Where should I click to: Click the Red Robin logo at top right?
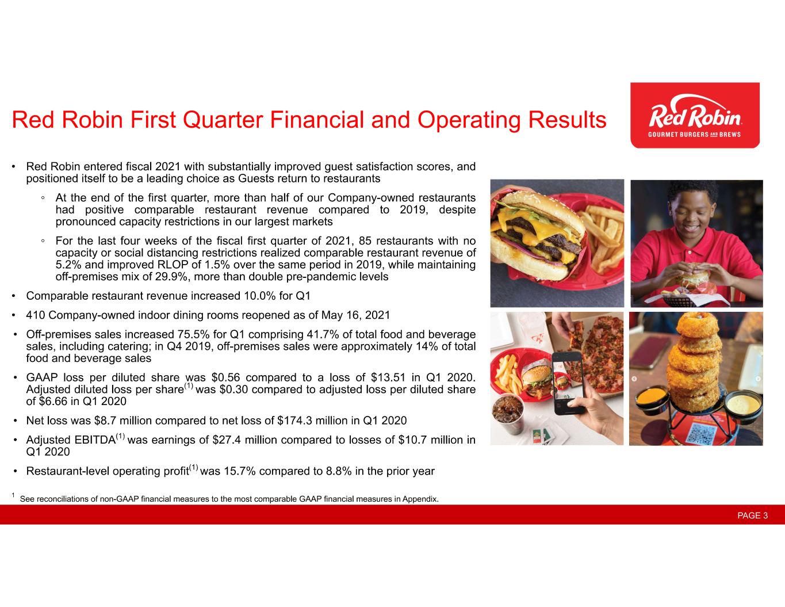pyautogui.click(x=695, y=115)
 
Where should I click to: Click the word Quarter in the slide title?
pyautogui.click(x=222, y=120)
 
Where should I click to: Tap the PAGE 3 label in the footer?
pyautogui.click(x=753, y=515)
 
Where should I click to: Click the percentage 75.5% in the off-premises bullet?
pyautogui.click(x=194, y=334)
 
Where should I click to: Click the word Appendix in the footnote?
pyautogui.click(x=420, y=499)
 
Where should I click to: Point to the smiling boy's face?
pyautogui.click(x=691, y=213)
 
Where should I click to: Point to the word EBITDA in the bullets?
pyautogui.click(x=95, y=440)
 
